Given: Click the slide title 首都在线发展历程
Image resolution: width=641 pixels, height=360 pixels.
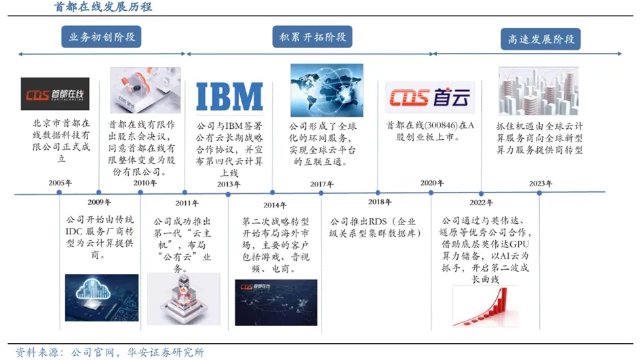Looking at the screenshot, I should coord(103,7).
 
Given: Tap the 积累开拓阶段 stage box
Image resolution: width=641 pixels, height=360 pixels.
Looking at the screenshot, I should coord(313,37).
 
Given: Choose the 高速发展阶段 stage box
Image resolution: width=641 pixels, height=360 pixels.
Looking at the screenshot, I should coord(541,39).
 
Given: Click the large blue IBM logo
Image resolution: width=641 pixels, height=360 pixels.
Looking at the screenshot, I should coord(229,96).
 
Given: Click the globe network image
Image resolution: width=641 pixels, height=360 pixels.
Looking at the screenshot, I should coord(326,90).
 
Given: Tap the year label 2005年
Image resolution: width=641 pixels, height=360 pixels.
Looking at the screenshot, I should coord(60,183).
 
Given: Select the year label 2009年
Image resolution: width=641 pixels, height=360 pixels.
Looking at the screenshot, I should coord(100,202).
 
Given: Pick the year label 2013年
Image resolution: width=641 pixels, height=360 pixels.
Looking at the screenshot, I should coord(228,184).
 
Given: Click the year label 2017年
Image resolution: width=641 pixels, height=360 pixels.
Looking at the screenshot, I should coord(317,184).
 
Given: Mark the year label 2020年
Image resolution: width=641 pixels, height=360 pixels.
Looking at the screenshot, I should coord(432,183).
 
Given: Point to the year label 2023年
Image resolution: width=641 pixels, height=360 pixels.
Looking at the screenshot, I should coord(541,184).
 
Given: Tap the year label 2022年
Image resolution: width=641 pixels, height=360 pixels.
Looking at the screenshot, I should coord(481,202).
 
